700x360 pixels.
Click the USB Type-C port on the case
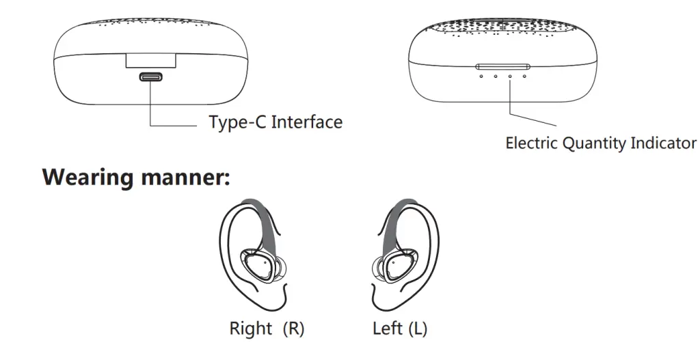tap(150, 77)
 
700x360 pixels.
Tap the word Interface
tap(307, 122)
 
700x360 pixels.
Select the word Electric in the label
tap(532, 143)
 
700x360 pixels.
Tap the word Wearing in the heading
tap(89, 178)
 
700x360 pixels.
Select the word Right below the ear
tap(251, 329)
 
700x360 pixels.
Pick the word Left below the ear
tap(388, 329)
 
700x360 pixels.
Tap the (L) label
tap(418, 329)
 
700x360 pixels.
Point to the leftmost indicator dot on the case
tap(481, 75)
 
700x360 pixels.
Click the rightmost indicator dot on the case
tap(524, 75)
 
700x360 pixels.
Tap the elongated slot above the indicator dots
tap(503, 66)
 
